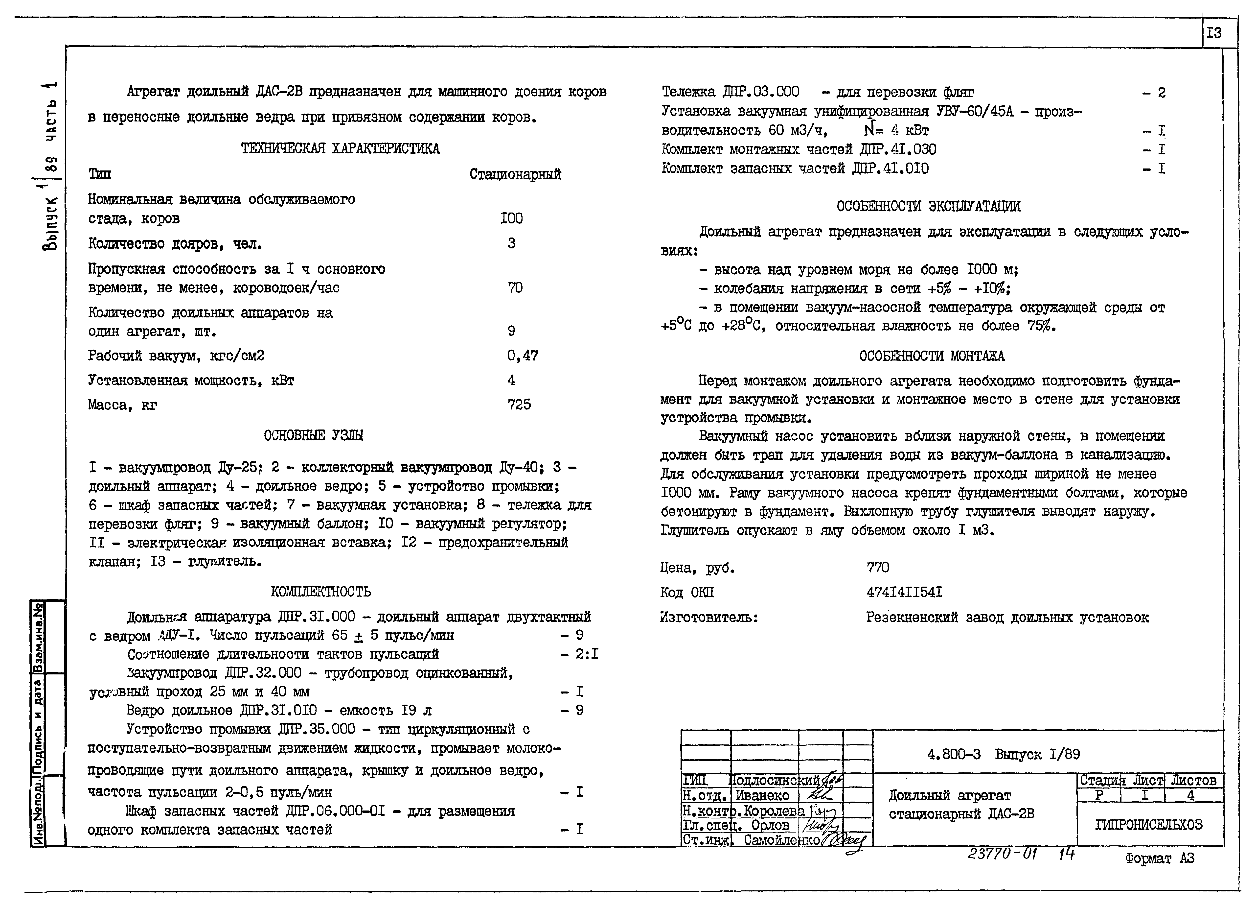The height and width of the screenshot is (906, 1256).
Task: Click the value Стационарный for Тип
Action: click(515, 175)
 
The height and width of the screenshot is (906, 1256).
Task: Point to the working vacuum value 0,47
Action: click(522, 356)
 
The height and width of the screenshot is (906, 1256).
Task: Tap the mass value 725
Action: click(519, 405)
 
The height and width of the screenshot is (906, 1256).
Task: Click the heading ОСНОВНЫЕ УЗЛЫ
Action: click(314, 435)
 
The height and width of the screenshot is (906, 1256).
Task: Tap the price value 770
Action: click(878, 568)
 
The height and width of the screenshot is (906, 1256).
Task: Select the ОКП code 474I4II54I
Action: click(904, 592)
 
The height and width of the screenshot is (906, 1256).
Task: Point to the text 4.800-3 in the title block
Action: click(954, 754)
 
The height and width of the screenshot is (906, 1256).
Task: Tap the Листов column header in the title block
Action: click(1193, 781)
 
